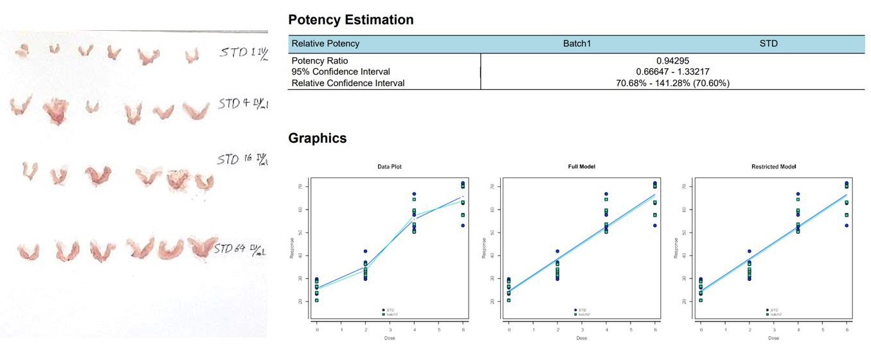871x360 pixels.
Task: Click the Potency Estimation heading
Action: [x=350, y=20]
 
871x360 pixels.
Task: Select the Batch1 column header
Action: [x=576, y=44]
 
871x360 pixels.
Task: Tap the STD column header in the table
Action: [x=768, y=44]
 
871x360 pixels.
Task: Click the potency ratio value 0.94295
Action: [x=672, y=61]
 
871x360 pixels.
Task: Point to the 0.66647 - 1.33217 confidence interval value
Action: [x=672, y=71]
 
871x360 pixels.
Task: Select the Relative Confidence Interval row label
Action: [x=348, y=83]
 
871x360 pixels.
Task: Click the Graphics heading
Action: [x=317, y=138]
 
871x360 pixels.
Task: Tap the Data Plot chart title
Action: [x=390, y=166]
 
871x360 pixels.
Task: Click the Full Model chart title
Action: [x=582, y=166]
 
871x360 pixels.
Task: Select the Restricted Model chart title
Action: [x=773, y=166]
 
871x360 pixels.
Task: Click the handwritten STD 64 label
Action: [x=239, y=248]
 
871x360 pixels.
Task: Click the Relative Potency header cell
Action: [x=325, y=44]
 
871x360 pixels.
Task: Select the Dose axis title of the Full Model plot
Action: [x=582, y=338]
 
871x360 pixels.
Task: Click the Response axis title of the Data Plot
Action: [x=292, y=248]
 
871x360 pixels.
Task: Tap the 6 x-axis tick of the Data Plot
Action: [x=463, y=330]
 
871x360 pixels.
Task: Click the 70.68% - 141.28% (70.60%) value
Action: [x=672, y=83]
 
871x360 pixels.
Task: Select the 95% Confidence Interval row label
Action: [x=341, y=71]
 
